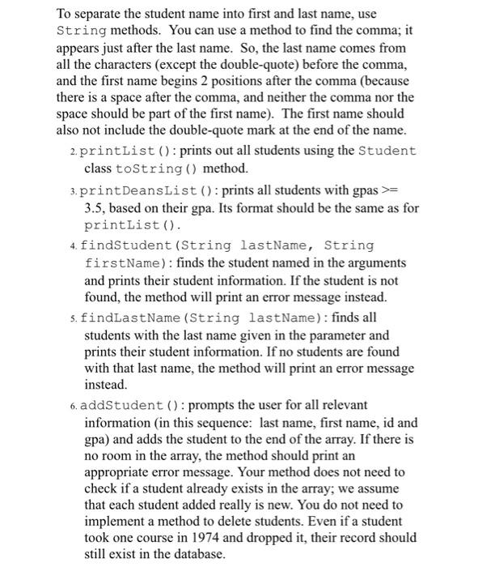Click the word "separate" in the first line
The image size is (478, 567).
[x=99, y=15]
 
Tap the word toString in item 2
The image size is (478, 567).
[x=139, y=168]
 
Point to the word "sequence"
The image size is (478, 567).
[x=238, y=420]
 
